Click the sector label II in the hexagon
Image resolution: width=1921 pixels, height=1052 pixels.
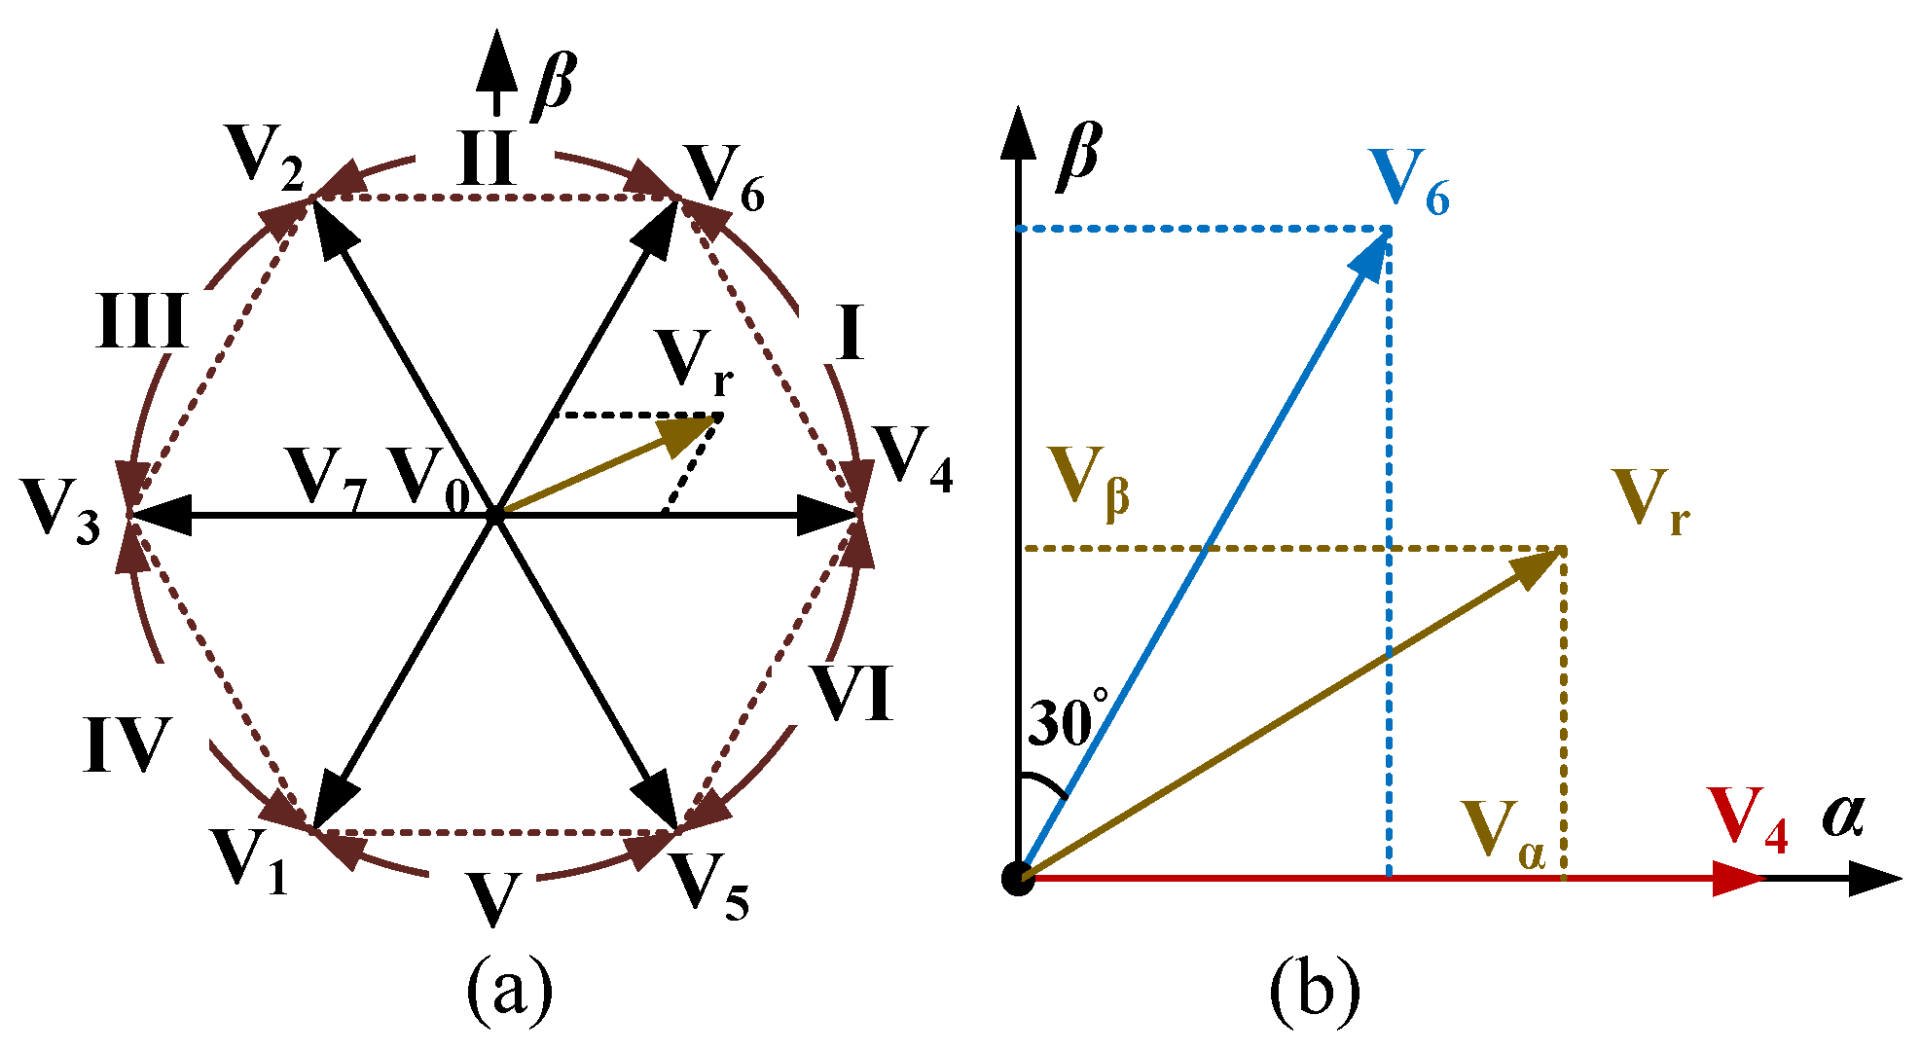pos(487,158)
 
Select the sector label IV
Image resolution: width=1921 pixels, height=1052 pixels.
pos(127,744)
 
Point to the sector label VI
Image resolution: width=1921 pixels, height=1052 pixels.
pos(853,693)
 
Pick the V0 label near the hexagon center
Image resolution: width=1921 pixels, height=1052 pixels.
pos(429,479)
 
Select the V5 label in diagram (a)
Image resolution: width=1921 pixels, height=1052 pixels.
pos(710,886)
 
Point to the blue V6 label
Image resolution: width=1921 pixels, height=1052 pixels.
pos(1407,183)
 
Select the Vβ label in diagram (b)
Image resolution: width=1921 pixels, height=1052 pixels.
pos(1087,480)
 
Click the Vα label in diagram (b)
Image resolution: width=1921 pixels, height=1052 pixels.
pos(1503,834)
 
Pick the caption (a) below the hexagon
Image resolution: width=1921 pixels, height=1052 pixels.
pos(510,990)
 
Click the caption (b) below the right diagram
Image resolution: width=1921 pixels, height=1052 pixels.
pos(1314,990)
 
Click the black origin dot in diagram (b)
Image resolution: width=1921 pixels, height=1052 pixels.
pos(1018,878)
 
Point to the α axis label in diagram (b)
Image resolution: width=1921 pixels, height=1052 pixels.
pos(1843,816)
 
